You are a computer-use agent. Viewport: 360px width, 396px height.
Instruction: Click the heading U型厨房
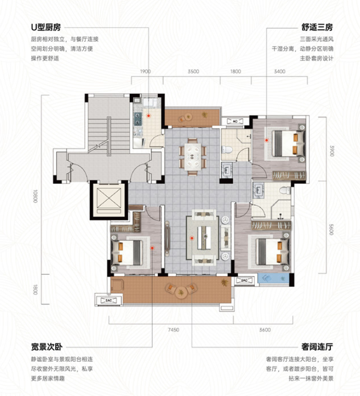click(x=46, y=27)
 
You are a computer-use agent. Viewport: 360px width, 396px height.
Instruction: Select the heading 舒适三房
click(x=317, y=27)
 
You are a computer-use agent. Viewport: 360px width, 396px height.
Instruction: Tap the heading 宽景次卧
click(x=47, y=347)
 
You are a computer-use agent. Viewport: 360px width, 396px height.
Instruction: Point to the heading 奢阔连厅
click(x=317, y=347)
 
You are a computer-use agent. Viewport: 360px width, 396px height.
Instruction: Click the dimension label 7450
click(x=173, y=330)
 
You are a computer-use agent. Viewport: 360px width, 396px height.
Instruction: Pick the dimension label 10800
click(x=35, y=196)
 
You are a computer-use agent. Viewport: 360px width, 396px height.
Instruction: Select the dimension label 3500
click(x=193, y=71)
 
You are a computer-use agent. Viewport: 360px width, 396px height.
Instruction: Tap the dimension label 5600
click(x=331, y=229)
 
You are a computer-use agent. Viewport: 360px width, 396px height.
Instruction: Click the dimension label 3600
click(x=265, y=330)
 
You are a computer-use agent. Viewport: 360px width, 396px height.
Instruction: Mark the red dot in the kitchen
click(x=149, y=116)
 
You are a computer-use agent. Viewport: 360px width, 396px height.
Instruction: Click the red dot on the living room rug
click(x=192, y=238)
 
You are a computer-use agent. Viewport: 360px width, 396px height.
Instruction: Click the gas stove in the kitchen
click(x=137, y=119)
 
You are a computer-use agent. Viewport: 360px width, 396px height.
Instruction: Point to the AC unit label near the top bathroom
click(x=235, y=121)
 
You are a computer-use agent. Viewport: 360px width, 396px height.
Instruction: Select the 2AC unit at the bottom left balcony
click(x=109, y=301)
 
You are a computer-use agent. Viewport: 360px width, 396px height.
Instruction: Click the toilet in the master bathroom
click(x=286, y=190)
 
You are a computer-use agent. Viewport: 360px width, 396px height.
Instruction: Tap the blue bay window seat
click(x=274, y=278)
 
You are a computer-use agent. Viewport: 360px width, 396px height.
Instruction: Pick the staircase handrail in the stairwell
click(x=109, y=136)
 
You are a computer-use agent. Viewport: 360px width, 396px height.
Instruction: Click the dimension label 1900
click(x=145, y=71)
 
